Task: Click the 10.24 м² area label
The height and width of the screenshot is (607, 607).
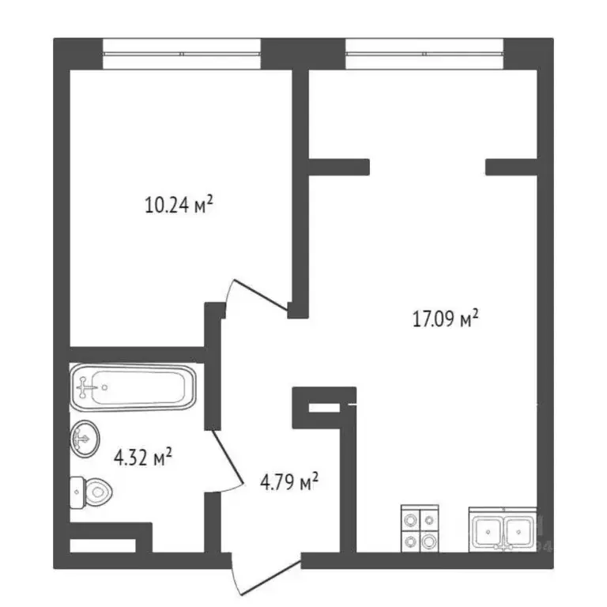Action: click(179, 205)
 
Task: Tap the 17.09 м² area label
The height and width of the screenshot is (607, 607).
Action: click(445, 319)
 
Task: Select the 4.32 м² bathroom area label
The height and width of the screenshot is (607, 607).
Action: click(143, 457)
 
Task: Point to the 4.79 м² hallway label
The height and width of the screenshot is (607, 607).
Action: click(289, 482)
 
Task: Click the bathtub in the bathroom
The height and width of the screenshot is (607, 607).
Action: click(133, 387)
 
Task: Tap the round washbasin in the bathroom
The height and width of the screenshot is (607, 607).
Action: click(85, 439)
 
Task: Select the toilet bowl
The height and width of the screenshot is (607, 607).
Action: click(91, 492)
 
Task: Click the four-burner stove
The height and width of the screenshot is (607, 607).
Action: click(420, 529)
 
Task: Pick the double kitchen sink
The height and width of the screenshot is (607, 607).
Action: click(503, 530)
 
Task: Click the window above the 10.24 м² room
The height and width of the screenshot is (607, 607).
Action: click(182, 54)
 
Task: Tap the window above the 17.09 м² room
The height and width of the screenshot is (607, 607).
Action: click(424, 54)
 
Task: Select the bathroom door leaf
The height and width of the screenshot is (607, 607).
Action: click(228, 457)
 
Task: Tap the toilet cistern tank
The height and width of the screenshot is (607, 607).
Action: click(77, 492)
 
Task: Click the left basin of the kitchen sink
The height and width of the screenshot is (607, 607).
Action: click(488, 531)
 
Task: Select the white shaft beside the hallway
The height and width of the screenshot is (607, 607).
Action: click(324, 408)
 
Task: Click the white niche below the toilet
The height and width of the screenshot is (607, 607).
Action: click(103, 545)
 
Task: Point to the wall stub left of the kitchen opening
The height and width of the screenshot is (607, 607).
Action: click(339, 167)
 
